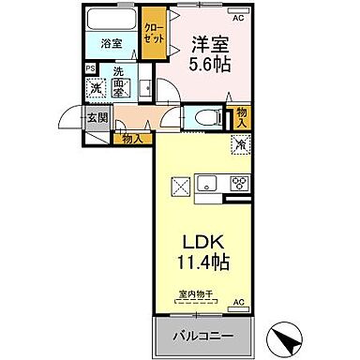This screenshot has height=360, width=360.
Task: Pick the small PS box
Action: coord(90,68)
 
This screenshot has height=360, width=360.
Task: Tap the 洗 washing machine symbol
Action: coord(94,87)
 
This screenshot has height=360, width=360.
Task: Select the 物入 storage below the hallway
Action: coord(132,138)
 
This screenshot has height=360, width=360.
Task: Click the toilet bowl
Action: coord(209,117)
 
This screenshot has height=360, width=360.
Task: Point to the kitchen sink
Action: coord(208,182)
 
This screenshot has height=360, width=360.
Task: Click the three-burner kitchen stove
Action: coord(238,182)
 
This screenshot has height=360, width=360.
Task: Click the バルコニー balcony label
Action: coord(201,335)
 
